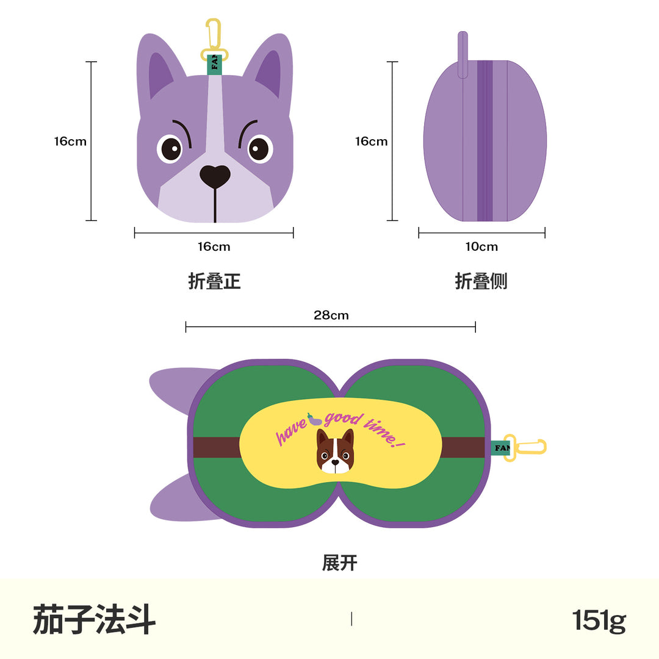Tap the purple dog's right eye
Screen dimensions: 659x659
tap(260, 149)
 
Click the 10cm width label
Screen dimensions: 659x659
tap(481, 247)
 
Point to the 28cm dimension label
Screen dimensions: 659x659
tap(331, 315)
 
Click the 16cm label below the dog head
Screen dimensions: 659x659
tap(214, 247)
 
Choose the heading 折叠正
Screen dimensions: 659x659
tap(214, 281)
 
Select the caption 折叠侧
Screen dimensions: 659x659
tap(481, 281)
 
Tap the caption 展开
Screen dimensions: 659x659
tap(340, 563)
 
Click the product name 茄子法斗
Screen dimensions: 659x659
tap(94, 619)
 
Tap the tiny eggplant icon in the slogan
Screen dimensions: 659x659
tap(314, 419)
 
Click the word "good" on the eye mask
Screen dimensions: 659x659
tap(343, 419)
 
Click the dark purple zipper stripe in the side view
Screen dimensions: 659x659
tap(484, 141)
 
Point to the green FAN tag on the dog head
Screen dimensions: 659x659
tap(214, 64)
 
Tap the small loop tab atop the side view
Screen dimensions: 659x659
tap(463, 55)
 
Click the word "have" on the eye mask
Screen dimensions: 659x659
tap(291, 431)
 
